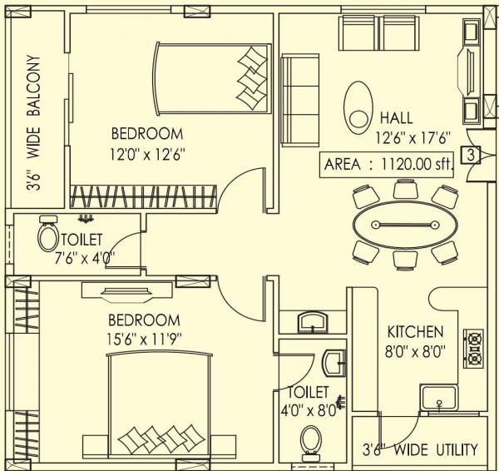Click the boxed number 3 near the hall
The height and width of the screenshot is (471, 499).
[471, 154]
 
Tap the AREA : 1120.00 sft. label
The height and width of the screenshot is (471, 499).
[388, 165]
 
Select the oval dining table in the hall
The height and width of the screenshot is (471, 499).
[404, 225]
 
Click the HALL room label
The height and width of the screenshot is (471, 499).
[396, 118]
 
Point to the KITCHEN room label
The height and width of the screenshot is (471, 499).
[415, 332]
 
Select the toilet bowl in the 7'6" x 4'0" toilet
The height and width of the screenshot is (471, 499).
[47, 238]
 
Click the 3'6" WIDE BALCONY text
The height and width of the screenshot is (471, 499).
[34, 125]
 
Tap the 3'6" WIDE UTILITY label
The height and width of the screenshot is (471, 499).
[419, 450]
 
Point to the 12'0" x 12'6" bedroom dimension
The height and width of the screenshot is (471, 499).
[147, 153]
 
